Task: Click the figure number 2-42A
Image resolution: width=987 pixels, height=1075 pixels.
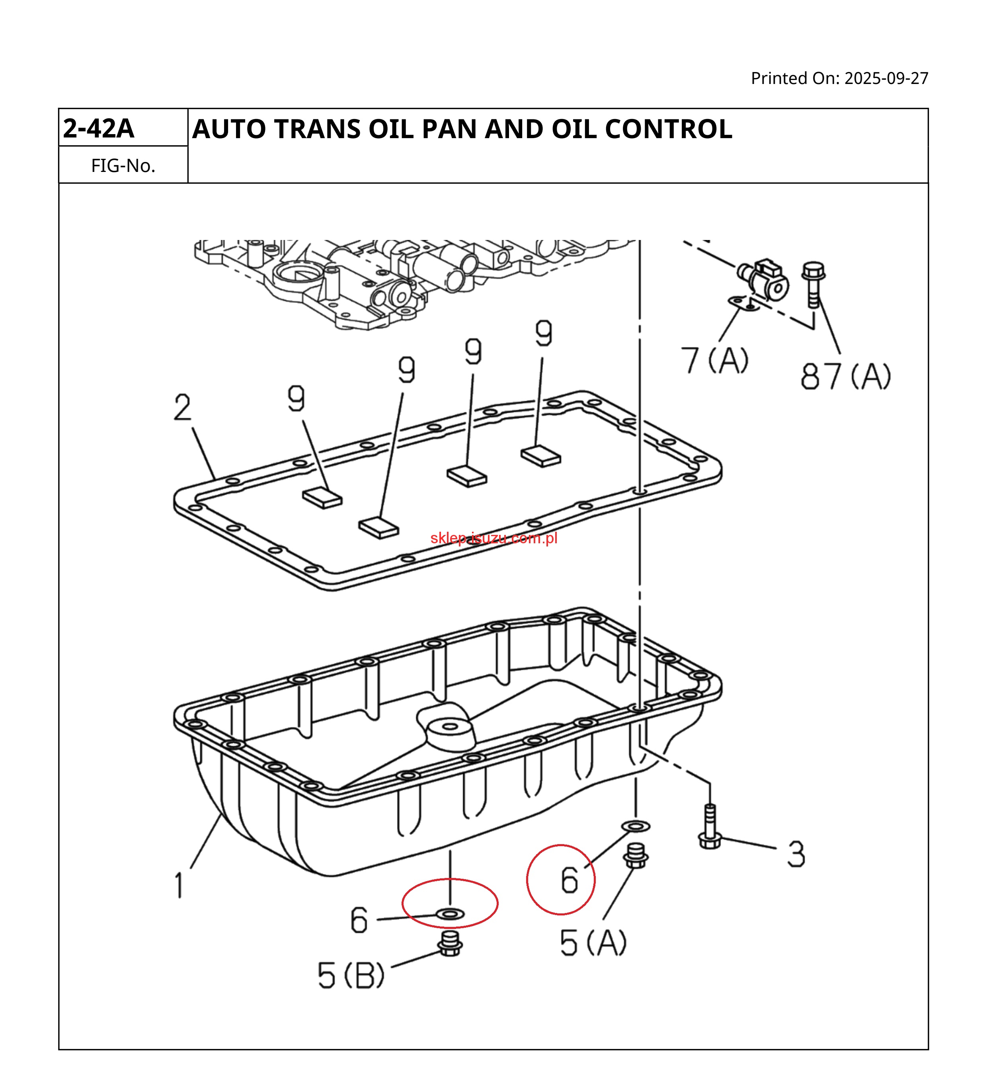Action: [98, 129]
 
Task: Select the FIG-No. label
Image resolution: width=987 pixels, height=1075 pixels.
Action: [123, 166]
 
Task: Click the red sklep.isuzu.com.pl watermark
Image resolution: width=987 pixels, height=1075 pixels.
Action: [494, 538]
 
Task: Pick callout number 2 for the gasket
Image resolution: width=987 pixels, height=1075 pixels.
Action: [182, 408]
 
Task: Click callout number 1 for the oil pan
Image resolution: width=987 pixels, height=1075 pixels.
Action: [179, 885]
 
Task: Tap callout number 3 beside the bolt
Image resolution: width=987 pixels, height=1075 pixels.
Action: [796, 854]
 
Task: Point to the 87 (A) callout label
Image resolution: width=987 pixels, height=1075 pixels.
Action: [845, 377]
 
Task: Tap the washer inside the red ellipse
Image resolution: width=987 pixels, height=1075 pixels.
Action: [450, 914]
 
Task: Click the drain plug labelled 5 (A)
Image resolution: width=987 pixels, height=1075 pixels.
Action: [635, 856]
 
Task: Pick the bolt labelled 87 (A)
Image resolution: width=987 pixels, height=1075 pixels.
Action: [813, 283]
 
